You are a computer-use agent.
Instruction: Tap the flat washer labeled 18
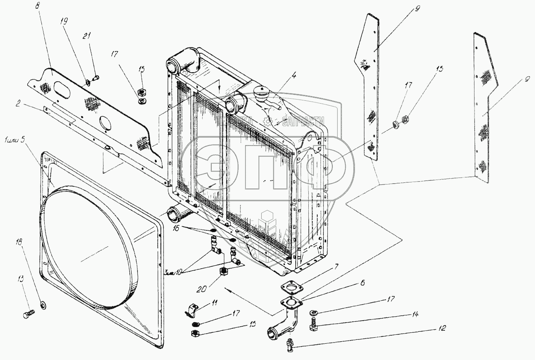click(x=43, y=304)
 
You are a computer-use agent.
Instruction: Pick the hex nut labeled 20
click(x=223, y=271)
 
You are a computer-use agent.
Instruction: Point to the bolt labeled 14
click(x=313, y=325)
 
